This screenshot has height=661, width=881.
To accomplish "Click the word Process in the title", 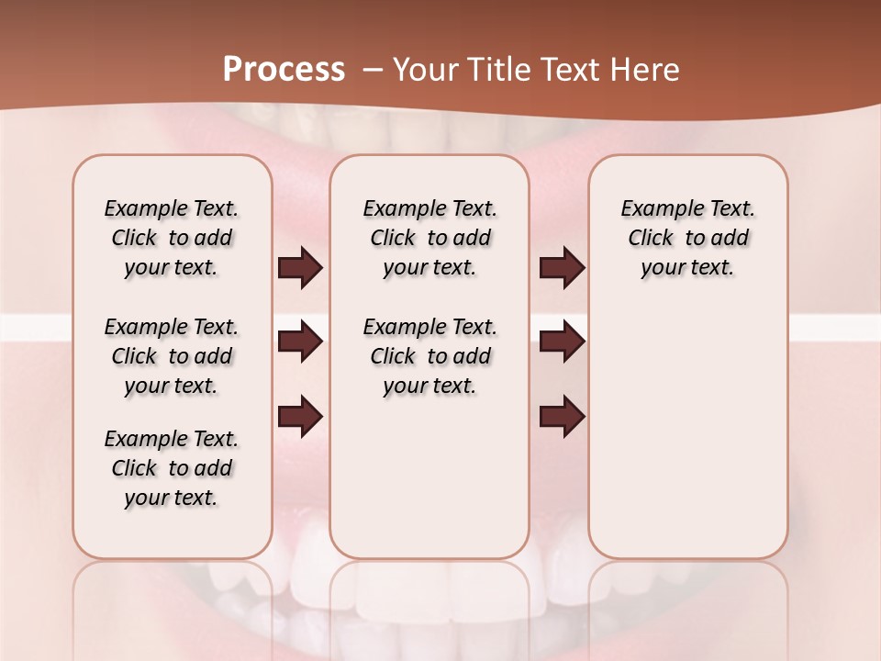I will pos(284,69).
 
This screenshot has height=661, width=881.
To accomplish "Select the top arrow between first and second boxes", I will pos(300,267).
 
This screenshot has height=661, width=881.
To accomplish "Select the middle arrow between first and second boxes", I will pos(300,342).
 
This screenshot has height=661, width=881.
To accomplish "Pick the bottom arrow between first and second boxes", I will pos(300,417).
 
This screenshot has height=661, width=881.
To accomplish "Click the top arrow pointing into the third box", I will pos(562,267).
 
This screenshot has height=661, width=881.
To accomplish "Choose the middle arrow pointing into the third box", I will pos(562,342).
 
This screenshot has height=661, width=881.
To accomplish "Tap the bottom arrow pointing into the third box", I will pos(562,417).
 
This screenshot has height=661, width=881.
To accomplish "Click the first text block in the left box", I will pos(172,238).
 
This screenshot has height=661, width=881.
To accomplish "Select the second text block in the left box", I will pos(172,356).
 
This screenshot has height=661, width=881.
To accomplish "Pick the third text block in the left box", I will pos(172,468).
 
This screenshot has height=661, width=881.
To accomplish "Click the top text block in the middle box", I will pos(429,238).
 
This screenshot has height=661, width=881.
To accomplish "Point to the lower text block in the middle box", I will pos(429,356).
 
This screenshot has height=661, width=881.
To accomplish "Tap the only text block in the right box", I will pos(687,238).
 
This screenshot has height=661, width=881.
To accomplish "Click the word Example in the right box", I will pos(653,209).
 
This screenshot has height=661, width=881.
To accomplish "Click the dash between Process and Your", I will pos(373,70).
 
